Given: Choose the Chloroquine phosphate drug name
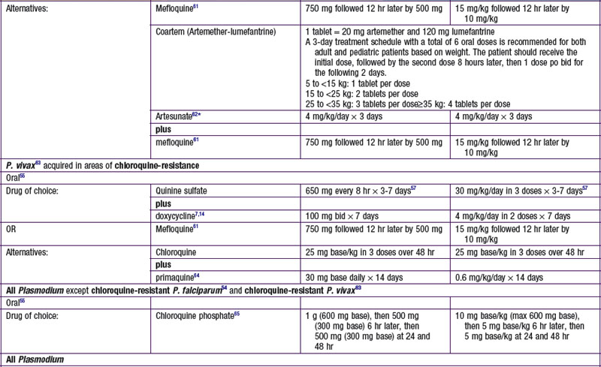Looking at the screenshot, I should point(198,310).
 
